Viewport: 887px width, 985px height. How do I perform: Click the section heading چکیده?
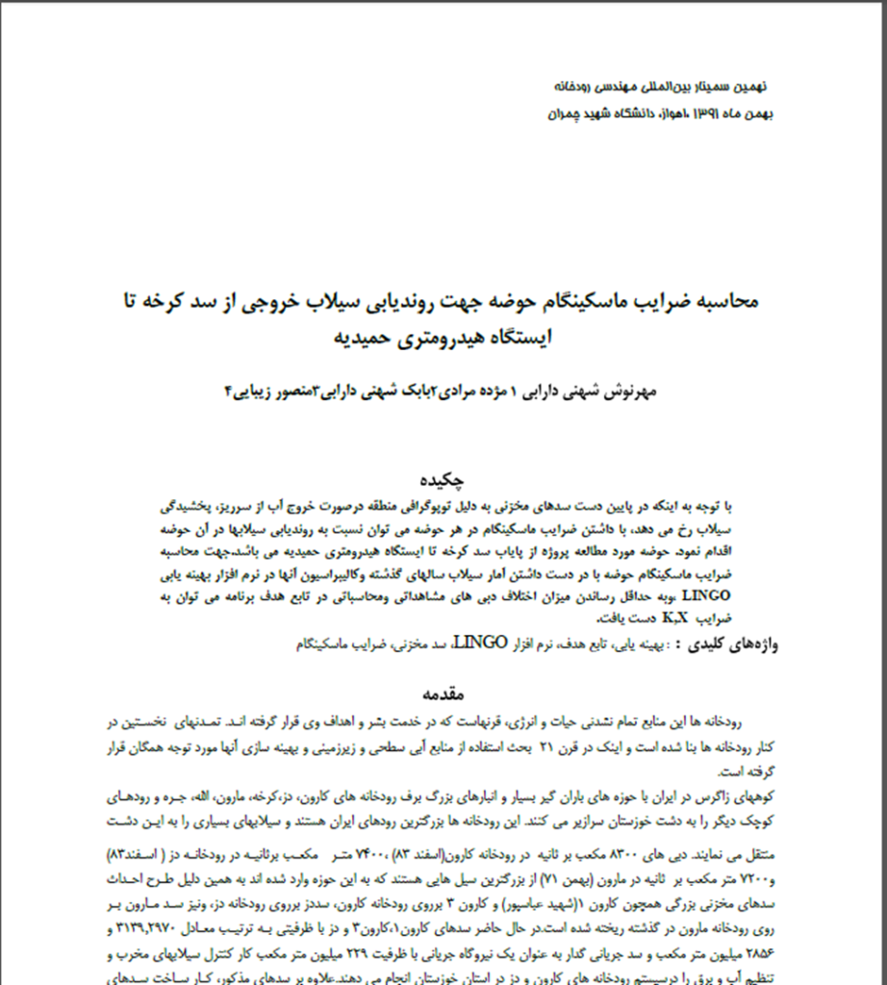point(443,479)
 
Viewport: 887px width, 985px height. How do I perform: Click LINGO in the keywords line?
point(478,642)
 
